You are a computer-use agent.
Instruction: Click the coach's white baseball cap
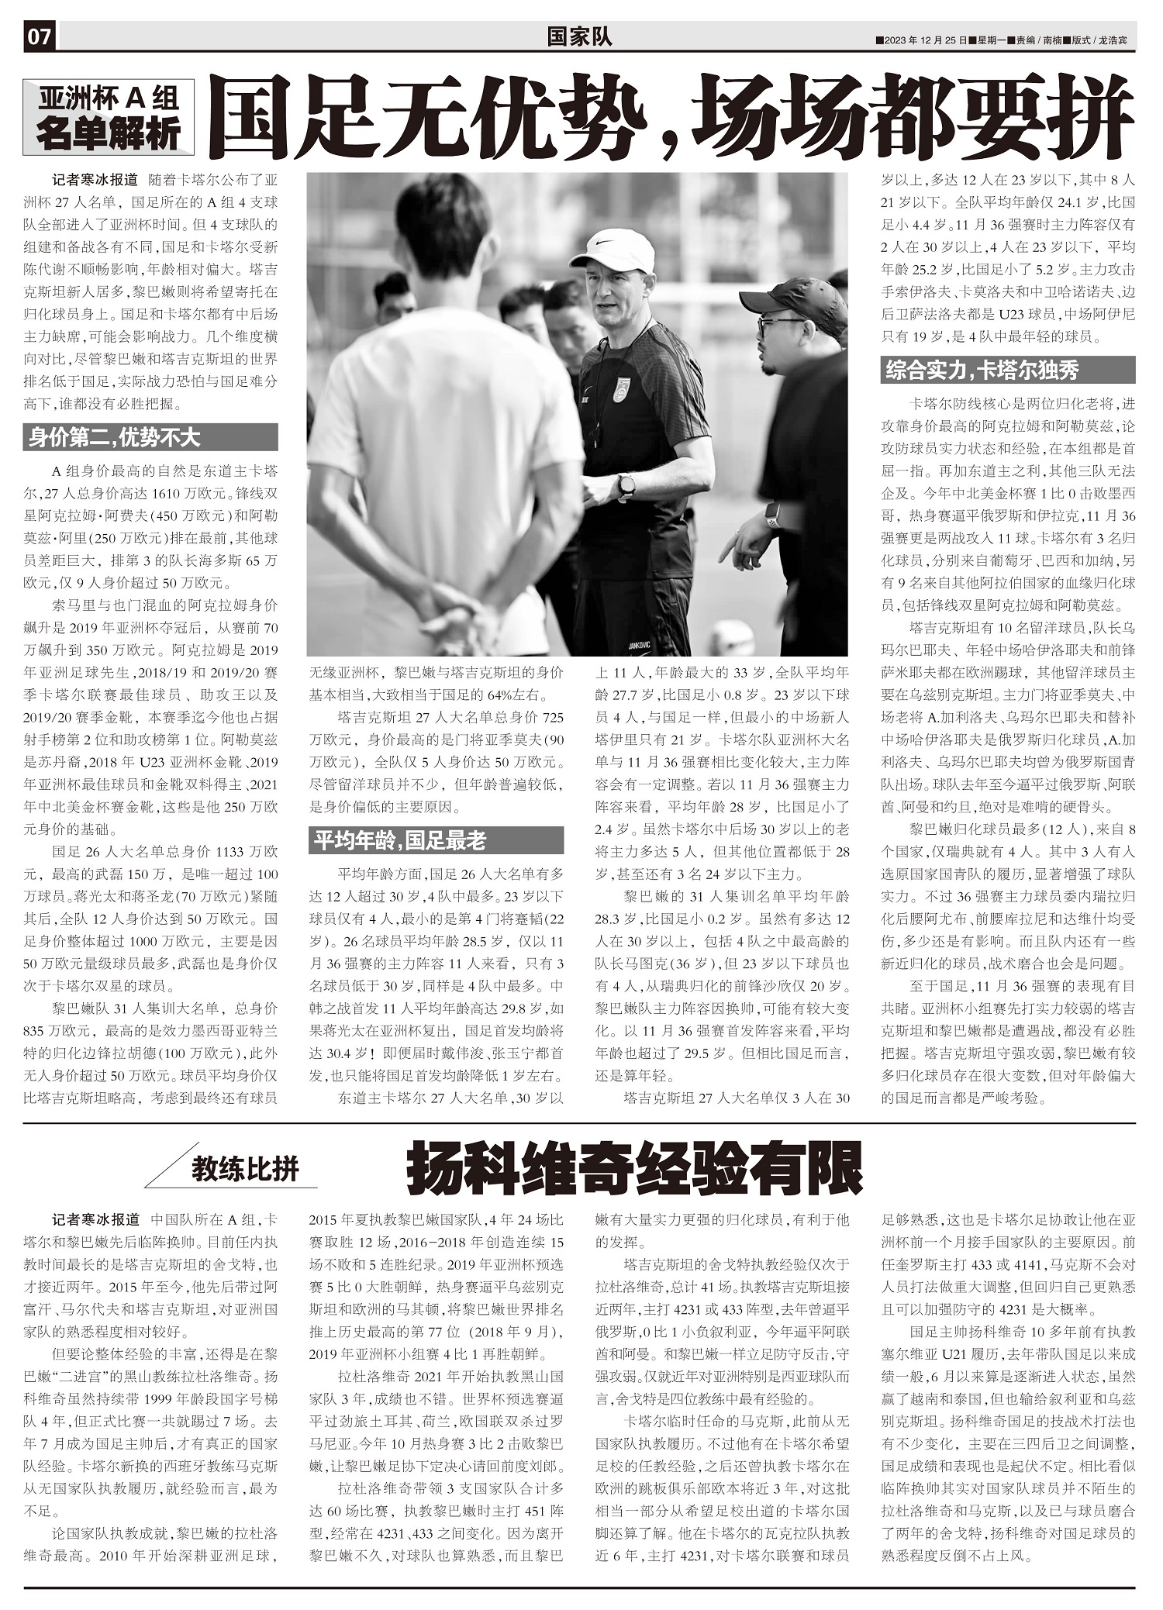click(614, 248)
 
